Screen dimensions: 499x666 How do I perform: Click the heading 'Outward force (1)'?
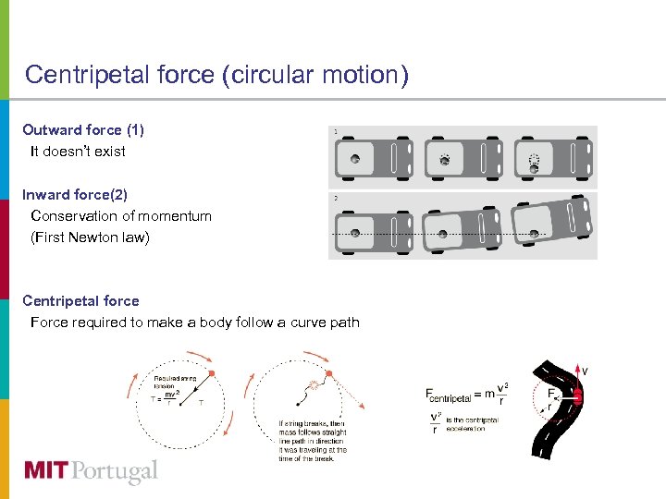[x=83, y=130]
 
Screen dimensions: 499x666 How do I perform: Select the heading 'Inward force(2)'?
[x=75, y=194]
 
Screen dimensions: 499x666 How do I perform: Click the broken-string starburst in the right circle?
[x=315, y=384]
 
